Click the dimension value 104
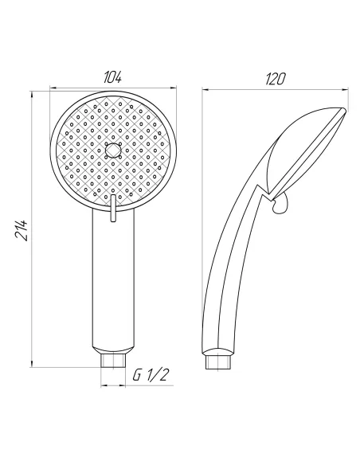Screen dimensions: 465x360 click(x=113, y=77)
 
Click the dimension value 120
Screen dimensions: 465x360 click(x=274, y=77)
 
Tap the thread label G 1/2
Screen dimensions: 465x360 click(x=151, y=374)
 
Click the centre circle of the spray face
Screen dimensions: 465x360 click(x=112, y=150)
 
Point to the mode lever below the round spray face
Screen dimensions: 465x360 click(x=112, y=209)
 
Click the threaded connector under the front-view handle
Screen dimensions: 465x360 click(x=112, y=361)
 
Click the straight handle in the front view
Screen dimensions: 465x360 click(x=112, y=287)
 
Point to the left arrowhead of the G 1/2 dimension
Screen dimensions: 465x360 click(x=104, y=385)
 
